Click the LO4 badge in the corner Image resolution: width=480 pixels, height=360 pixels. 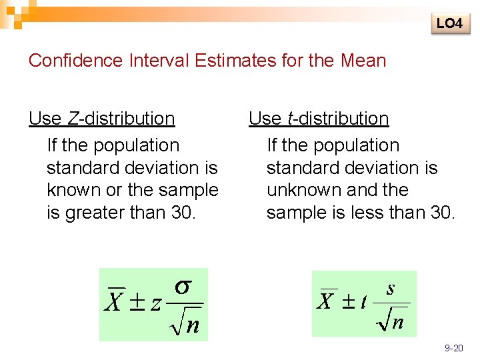coord(449,23)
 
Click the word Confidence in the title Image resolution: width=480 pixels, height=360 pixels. coord(75,61)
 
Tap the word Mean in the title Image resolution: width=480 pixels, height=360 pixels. coord(363,61)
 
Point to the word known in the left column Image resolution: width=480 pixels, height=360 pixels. coord(70,190)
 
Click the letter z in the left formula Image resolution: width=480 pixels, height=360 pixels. coord(155,304)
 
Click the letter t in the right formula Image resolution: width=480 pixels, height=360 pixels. coord(363,303)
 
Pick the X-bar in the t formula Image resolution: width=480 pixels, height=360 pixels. coord(326,301)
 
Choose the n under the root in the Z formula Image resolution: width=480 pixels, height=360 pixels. coord(193,325)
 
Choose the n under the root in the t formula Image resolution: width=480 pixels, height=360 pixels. coord(397,323)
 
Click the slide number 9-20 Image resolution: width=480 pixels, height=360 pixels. coord(454,348)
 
